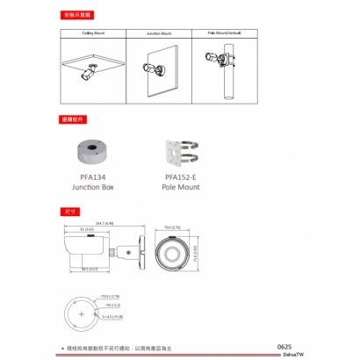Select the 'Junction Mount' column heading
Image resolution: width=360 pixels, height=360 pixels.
(160, 32)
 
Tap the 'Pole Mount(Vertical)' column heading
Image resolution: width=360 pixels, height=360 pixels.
(224, 32)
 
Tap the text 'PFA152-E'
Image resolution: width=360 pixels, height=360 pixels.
(180, 177)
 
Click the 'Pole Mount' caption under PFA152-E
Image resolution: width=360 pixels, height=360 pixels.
(180, 187)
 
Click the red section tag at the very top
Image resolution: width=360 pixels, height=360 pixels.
(76, 15)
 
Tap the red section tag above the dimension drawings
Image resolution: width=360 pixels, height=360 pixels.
(68, 212)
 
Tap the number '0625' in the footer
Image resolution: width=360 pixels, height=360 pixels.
(283, 346)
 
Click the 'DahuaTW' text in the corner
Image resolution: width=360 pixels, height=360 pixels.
(283, 354)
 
